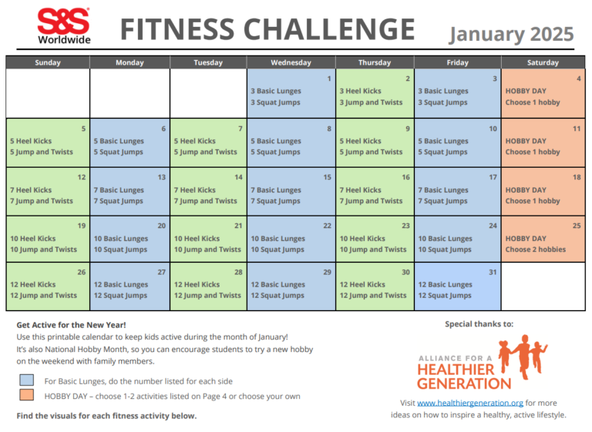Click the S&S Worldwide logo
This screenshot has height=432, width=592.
pyautogui.click(x=63, y=26)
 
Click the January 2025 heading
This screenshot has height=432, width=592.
pyautogui.click(x=511, y=34)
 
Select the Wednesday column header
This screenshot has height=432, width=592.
pyautogui.click(x=291, y=62)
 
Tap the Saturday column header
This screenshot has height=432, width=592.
pyautogui.click(x=543, y=62)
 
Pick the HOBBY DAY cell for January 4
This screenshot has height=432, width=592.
pyautogui.click(x=543, y=93)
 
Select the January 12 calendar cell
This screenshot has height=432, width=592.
pyautogui.click(x=48, y=191)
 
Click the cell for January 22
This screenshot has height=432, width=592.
pyautogui.click(x=291, y=239)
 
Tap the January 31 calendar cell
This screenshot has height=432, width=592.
pyautogui.click(x=457, y=286)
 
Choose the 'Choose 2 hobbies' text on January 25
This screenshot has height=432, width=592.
pyautogui.click(x=535, y=249)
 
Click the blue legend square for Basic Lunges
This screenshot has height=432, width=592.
pyautogui.click(x=28, y=380)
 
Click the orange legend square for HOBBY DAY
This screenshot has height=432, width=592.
pyautogui.click(x=28, y=396)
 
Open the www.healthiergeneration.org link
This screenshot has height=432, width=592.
pyautogui.click(x=470, y=403)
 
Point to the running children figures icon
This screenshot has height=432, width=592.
pyautogui.click(x=523, y=354)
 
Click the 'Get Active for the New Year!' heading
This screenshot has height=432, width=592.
pyautogui.click(x=71, y=325)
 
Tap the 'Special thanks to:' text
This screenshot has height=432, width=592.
pyautogui.click(x=479, y=324)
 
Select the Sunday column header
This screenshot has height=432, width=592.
pyautogui.click(x=48, y=62)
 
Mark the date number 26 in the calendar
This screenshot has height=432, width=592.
pyautogui.click(x=81, y=273)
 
